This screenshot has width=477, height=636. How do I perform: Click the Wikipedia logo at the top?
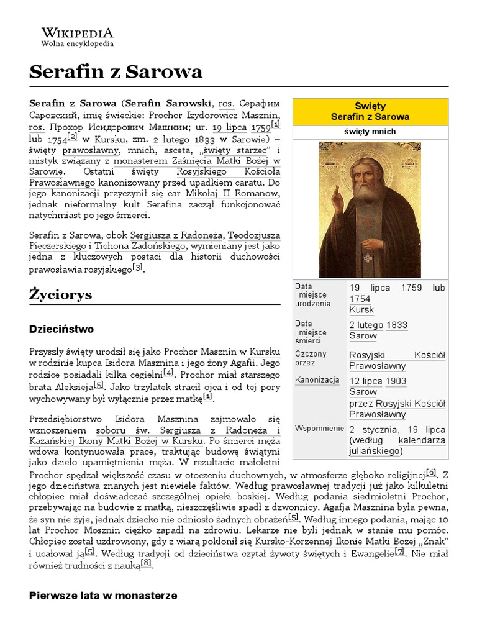(77, 37)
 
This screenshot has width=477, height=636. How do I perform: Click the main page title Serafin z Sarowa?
(116, 72)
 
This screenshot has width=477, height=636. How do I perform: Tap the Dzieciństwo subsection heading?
(61, 328)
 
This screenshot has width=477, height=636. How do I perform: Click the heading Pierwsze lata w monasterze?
(103, 595)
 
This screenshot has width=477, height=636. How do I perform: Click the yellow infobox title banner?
(370, 111)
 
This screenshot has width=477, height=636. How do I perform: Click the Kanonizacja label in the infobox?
(317, 379)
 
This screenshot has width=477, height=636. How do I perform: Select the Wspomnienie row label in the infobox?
(320, 429)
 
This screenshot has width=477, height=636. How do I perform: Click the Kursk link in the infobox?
(361, 309)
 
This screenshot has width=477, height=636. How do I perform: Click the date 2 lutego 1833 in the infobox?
(378, 324)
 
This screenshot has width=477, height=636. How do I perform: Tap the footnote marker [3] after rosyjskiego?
(138, 268)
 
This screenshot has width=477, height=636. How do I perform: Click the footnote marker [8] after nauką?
(146, 563)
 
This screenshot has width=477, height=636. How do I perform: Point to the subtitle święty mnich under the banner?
(370, 132)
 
